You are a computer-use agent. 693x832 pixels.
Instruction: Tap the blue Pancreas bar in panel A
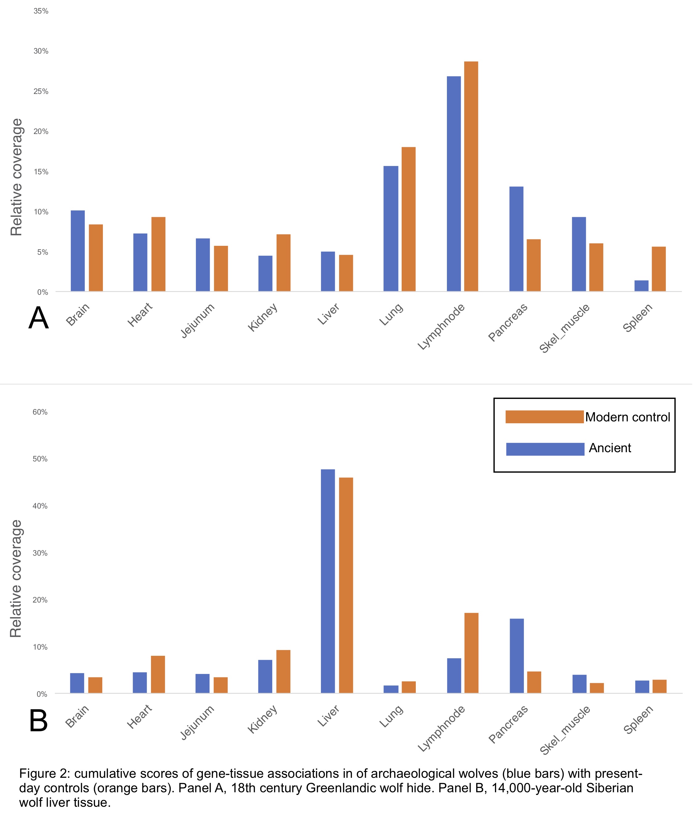tap(516, 239)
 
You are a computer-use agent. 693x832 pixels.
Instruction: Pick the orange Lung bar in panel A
tap(408, 219)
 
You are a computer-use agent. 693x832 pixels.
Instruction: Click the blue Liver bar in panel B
tap(328, 581)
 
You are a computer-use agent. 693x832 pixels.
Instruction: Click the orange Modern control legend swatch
tap(545, 417)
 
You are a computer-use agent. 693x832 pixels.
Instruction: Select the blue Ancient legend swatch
tap(545, 449)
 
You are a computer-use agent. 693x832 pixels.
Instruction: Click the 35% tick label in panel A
tap(41, 11)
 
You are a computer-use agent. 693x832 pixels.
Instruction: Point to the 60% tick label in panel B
tap(40, 412)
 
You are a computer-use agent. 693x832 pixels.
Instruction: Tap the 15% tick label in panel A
tap(41, 172)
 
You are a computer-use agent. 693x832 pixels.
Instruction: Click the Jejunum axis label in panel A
tap(197, 321)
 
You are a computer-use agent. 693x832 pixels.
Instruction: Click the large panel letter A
tap(38, 318)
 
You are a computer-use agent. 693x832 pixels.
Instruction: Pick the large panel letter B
tap(38, 721)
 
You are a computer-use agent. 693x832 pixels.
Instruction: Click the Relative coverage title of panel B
tap(16, 578)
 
